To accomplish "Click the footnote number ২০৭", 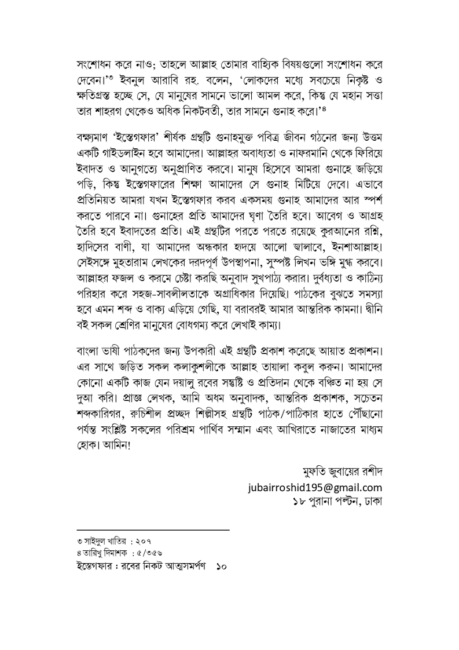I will [134, 539].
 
